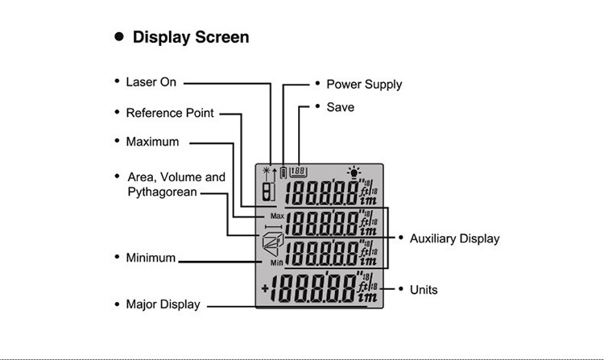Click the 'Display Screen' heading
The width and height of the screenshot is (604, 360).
(x=191, y=37)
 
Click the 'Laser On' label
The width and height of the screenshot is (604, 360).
(x=151, y=82)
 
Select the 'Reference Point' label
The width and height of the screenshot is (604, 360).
(x=170, y=113)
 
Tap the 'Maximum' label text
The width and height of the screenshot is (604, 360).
(x=152, y=142)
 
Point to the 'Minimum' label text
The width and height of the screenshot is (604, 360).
(x=151, y=258)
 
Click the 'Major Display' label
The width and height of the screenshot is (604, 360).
(x=163, y=304)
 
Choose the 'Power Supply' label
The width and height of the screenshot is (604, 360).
(x=364, y=84)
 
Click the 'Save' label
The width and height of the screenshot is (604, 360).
(x=340, y=107)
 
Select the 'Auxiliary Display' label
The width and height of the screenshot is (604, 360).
(x=454, y=238)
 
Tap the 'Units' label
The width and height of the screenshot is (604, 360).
(x=424, y=289)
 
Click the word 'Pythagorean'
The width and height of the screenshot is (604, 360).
(x=162, y=192)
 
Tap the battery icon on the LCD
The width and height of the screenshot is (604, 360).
(x=283, y=172)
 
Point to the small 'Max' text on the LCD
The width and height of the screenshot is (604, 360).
(x=277, y=217)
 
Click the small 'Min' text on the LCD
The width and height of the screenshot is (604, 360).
(x=276, y=263)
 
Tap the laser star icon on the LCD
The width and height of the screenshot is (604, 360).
(x=267, y=172)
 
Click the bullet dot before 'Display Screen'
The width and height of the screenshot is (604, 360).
(x=119, y=37)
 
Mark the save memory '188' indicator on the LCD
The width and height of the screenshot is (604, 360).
(x=299, y=171)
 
